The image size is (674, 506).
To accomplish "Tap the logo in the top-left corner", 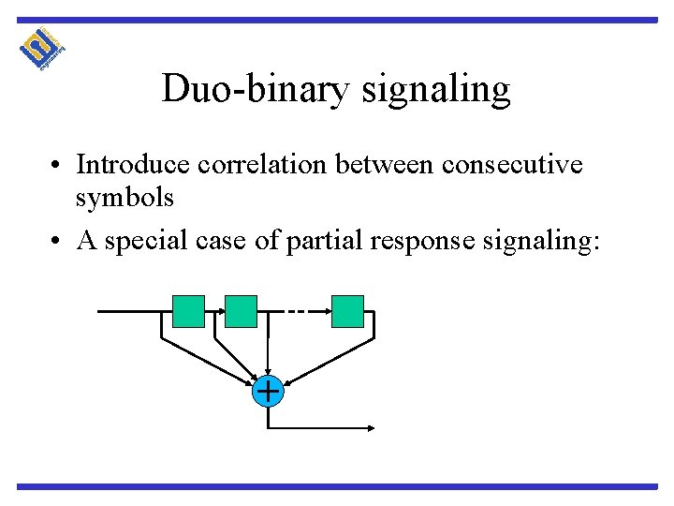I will pos(42,48).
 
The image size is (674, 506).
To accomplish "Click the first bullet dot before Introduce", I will pos(58,166).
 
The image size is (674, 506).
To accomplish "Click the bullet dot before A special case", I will pos(58,241).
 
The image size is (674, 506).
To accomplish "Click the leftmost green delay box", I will pos(188,311).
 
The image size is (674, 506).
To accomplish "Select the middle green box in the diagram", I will pos(241,311).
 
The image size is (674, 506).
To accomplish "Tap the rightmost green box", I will pos(347,311).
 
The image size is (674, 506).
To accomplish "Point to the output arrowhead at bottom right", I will pos(371,428).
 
